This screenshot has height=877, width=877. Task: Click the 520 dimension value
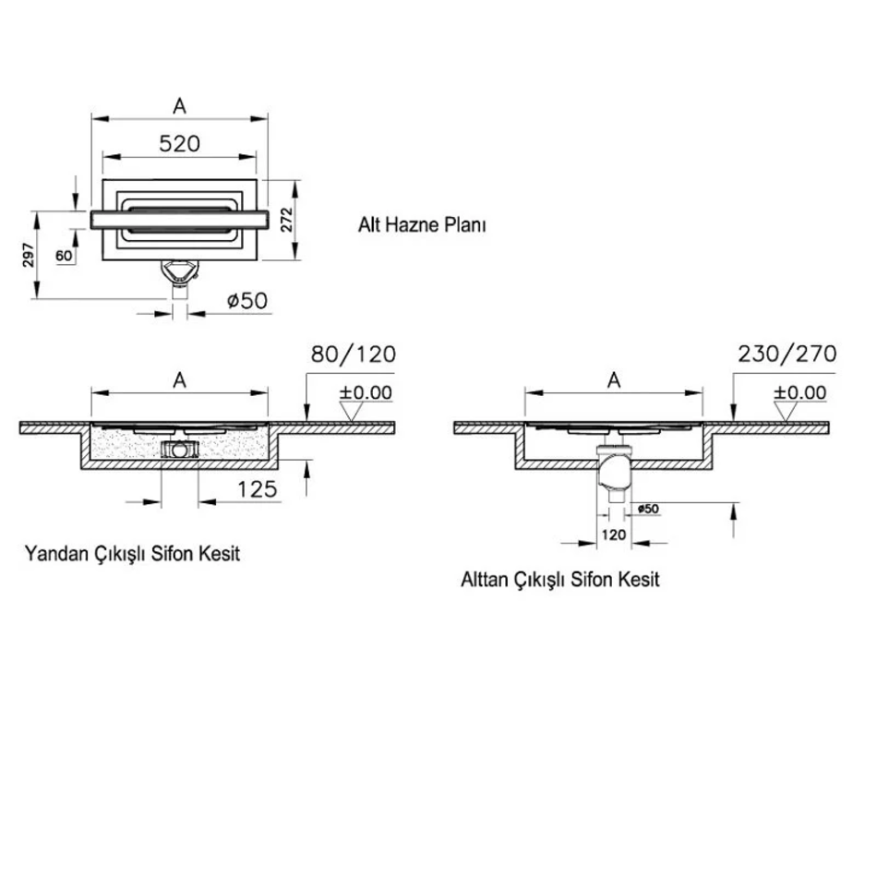(x=179, y=144)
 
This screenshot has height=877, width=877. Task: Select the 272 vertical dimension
(x=286, y=220)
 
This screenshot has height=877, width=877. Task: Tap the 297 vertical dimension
(x=29, y=255)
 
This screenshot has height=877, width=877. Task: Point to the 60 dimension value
(x=64, y=256)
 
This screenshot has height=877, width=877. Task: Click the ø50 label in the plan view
(x=247, y=301)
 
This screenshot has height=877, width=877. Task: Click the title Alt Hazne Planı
(x=422, y=225)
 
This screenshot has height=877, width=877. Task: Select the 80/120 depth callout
(x=354, y=354)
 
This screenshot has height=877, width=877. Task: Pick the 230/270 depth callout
(x=787, y=354)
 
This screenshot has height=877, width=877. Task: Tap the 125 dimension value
(x=258, y=489)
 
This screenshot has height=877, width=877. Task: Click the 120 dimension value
(x=614, y=535)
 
